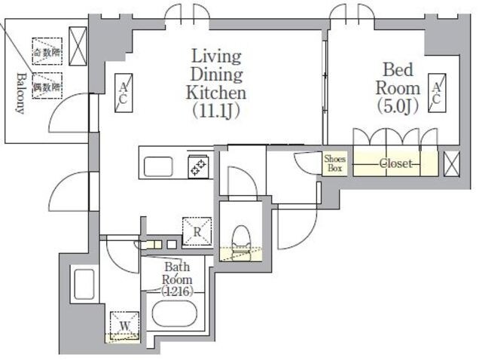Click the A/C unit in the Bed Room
tap(438, 93)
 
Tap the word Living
tap(215, 56)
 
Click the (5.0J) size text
tap(398, 108)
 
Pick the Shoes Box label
tap(334, 163)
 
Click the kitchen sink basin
tap(159, 166)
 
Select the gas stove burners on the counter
tap(199, 166)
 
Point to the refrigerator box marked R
tap(196, 231)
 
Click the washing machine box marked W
tap(123, 325)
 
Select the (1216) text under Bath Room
tap(177, 291)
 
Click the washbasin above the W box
tap(84, 285)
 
